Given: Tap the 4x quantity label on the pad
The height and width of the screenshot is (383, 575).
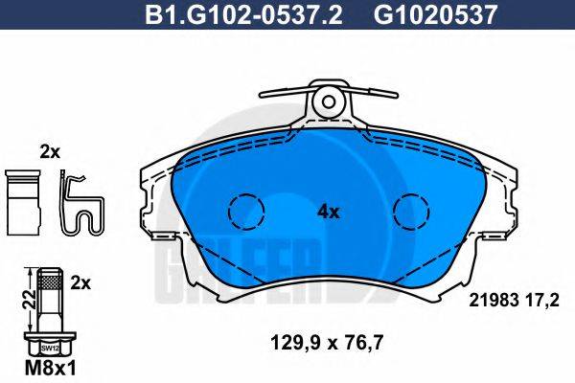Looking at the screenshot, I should point(329,213).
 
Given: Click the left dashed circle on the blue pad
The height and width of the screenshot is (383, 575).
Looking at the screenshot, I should point(245,211).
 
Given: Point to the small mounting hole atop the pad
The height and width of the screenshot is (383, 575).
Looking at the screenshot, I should point(329,99).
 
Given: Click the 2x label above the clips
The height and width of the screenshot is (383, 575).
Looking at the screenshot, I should point(50,151).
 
